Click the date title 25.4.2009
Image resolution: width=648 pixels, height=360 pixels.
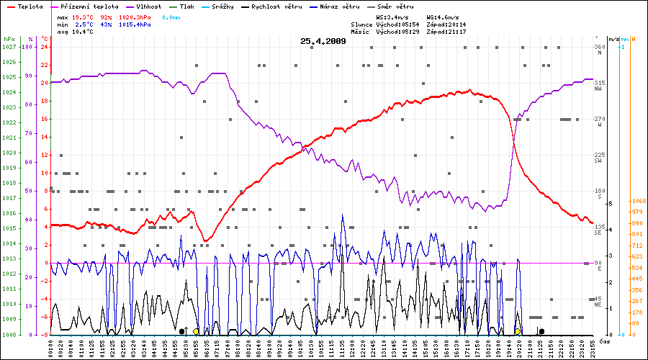click(x=323, y=41)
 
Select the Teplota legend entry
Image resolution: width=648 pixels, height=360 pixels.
click(x=25, y=6)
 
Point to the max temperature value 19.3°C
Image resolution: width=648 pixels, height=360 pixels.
click(x=84, y=16)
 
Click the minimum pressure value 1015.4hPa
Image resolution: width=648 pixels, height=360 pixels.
click(x=135, y=24)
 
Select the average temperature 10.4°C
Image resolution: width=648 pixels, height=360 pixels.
click(x=84, y=32)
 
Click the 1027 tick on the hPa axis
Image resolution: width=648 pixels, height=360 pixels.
click(x=9, y=47)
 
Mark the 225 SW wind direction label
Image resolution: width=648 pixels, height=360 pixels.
click(x=598, y=158)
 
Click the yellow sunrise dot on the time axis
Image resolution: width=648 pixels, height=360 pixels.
click(x=196, y=331)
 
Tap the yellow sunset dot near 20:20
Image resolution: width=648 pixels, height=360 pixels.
click(x=518, y=331)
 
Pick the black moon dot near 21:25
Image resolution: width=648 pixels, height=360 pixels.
click(x=541, y=331)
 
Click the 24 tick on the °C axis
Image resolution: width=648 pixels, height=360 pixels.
click(x=44, y=47)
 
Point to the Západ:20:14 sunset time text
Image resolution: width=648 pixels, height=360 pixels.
click(x=446, y=24)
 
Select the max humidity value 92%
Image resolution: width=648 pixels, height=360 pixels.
click(x=107, y=16)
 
